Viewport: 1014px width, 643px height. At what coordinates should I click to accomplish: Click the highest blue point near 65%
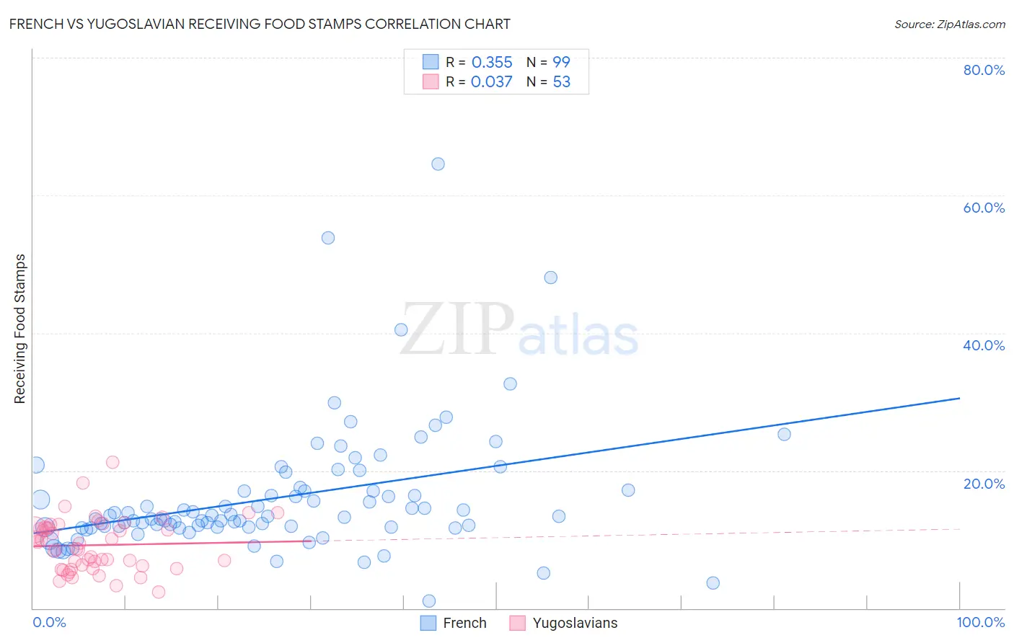coord(438,164)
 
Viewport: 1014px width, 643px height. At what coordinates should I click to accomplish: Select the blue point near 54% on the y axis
coord(328,238)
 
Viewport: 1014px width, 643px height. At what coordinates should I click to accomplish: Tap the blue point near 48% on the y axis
coord(551,278)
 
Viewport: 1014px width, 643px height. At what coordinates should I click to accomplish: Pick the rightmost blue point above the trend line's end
coord(784,434)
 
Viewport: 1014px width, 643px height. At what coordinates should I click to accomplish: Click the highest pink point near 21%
coord(113,462)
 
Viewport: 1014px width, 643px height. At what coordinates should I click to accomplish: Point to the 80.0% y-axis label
coord(984,70)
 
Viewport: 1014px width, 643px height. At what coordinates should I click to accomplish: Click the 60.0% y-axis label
coord(984,208)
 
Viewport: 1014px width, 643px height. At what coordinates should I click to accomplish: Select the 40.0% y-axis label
coord(984,345)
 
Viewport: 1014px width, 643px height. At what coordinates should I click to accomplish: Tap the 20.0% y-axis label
coord(984,484)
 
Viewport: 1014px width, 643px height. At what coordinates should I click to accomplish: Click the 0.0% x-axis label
coord(49,622)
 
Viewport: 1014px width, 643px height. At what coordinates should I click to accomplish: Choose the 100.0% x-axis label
coord(980,622)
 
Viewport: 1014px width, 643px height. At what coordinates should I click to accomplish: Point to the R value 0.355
coord(492,63)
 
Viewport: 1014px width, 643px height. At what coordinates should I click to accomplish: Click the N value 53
coord(561,82)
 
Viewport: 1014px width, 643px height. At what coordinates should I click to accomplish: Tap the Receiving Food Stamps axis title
coord(20,329)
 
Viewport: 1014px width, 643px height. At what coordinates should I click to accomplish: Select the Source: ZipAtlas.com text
coord(949,25)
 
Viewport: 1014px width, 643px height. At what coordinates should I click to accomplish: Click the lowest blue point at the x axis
coord(429,601)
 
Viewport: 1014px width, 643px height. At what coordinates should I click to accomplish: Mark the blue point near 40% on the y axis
coord(401,329)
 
